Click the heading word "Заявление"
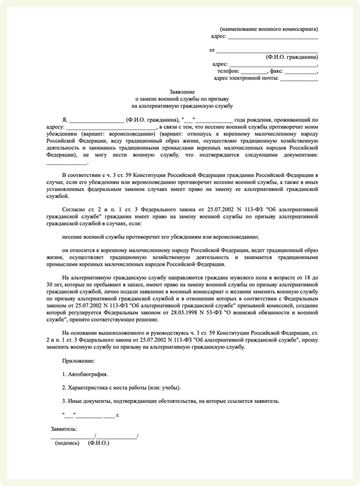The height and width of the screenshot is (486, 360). point(182,91)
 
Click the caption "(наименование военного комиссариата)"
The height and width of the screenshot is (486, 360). point(269,28)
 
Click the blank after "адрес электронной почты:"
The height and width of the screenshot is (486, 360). point(299,80)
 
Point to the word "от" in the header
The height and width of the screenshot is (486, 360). point(212,49)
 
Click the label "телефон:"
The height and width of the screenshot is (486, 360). point(229,71)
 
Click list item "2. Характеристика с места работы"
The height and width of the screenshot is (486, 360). point(121,387)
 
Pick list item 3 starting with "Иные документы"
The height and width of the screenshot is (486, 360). point(171,401)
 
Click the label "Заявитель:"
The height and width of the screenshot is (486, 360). point(64,429)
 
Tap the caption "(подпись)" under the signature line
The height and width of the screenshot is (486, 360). point(67,443)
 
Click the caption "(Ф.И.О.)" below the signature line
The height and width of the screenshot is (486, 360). point(99,443)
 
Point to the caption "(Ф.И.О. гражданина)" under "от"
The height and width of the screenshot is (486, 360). point(292,56)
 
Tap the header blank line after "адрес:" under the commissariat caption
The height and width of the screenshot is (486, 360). point(273,37)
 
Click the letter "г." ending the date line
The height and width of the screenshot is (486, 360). point(118,415)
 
